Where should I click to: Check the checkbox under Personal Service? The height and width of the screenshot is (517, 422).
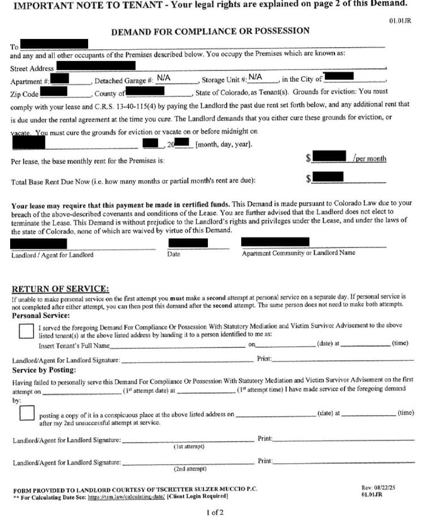(27, 331)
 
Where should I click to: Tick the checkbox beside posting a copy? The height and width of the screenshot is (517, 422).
(27, 414)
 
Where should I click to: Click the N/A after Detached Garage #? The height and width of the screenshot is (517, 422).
(164, 77)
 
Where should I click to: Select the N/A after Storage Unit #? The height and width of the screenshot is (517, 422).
(255, 77)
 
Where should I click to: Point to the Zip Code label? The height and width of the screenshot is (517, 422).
(25, 93)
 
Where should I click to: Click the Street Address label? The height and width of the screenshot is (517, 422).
(32, 67)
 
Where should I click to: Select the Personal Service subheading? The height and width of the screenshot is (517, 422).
(40, 315)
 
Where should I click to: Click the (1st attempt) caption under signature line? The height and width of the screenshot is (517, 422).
(189, 446)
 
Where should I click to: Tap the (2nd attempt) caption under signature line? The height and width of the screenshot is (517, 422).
(190, 469)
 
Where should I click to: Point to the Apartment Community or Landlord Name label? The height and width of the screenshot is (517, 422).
(297, 254)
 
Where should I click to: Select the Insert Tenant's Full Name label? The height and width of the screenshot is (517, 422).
(74, 346)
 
